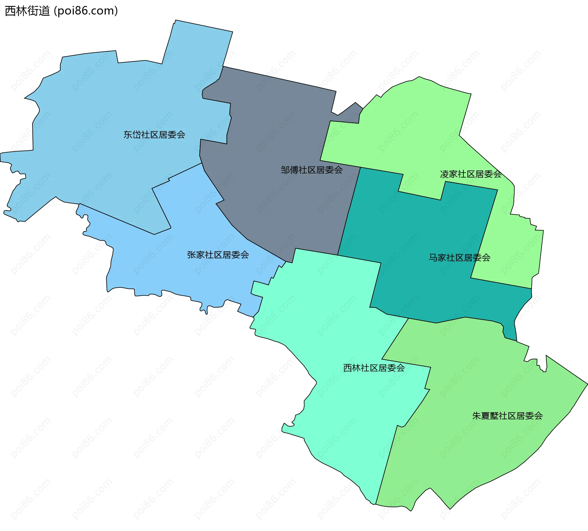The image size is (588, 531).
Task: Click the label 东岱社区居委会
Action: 154,135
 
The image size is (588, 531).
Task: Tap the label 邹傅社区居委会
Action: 311,170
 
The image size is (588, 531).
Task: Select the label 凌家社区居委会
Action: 471,174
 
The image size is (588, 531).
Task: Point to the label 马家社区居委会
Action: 459,258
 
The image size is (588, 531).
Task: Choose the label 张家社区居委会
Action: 218,255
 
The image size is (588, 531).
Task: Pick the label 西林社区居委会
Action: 374,368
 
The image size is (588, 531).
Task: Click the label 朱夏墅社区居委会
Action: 507,416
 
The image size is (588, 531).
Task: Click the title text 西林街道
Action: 27,11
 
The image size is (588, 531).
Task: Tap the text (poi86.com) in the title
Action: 86,11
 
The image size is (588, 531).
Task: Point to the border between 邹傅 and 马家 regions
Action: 349,211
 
